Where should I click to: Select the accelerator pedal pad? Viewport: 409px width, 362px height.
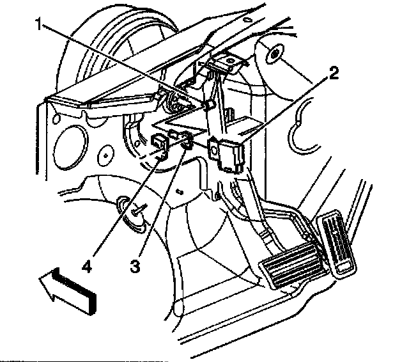point(337,244)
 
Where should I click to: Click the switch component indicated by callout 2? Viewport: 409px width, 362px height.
point(230,154)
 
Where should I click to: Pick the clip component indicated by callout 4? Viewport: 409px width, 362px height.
point(162,146)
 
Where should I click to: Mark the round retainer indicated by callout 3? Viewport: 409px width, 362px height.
point(186,139)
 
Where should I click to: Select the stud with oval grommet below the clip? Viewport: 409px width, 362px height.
point(135,214)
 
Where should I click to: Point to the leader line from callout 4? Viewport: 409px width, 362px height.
point(121,205)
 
